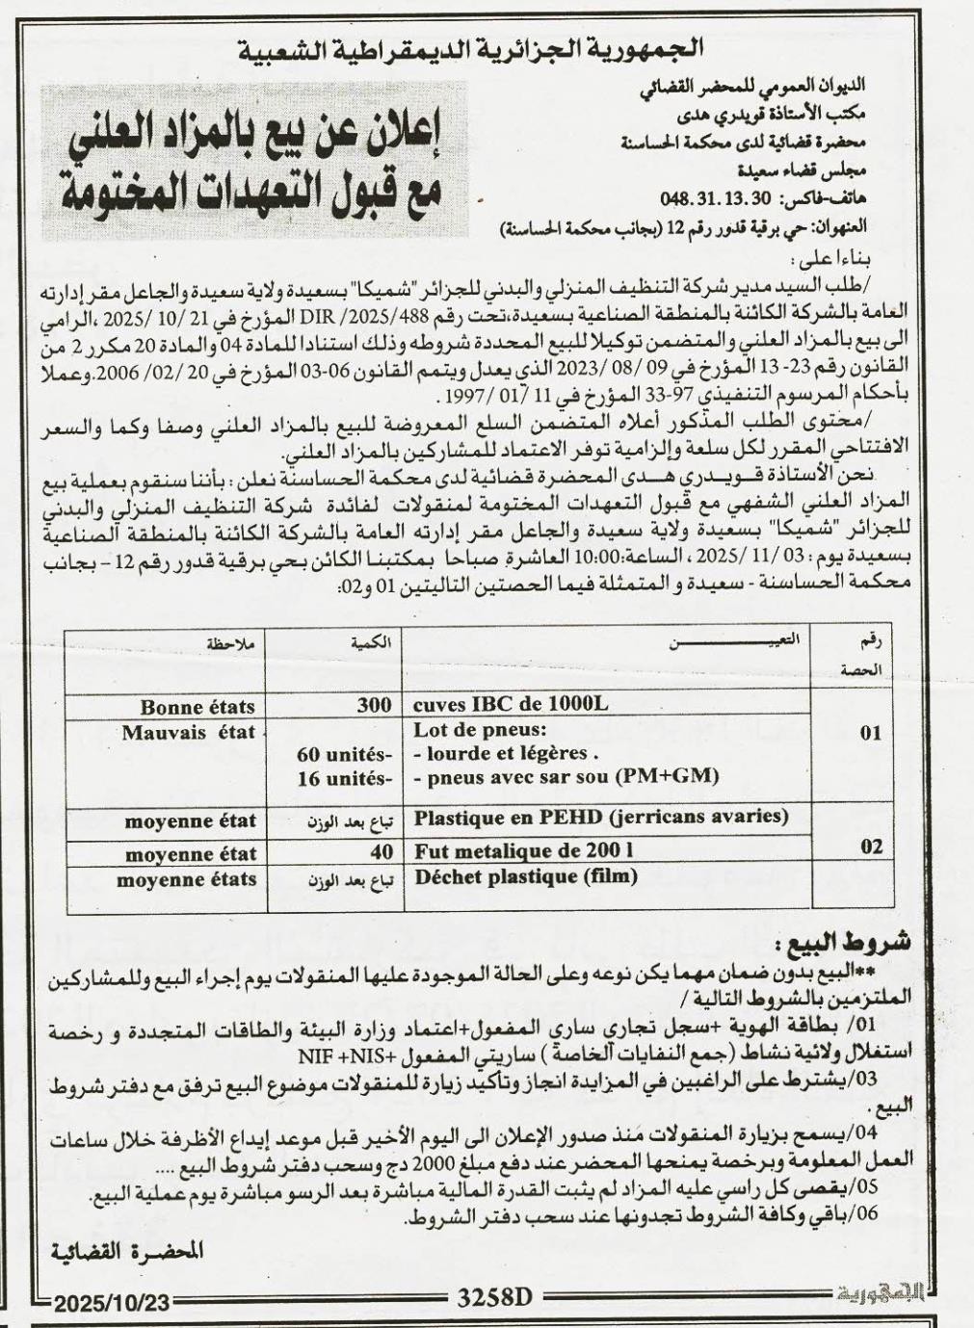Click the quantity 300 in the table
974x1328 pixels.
tap(374, 704)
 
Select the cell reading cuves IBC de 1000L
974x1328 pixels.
tap(511, 704)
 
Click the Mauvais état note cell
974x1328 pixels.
tap(188, 732)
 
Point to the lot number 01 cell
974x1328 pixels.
tap(870, 733)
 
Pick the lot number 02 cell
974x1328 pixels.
tap(870, 846)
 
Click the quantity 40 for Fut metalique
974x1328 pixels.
tap(381, 852)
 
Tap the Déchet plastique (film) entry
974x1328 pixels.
tap(525, 877)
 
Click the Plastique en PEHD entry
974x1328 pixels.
tap(600, 818)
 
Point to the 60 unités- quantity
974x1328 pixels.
tap(345, 754)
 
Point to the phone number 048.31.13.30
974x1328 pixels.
tap(702, 197)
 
